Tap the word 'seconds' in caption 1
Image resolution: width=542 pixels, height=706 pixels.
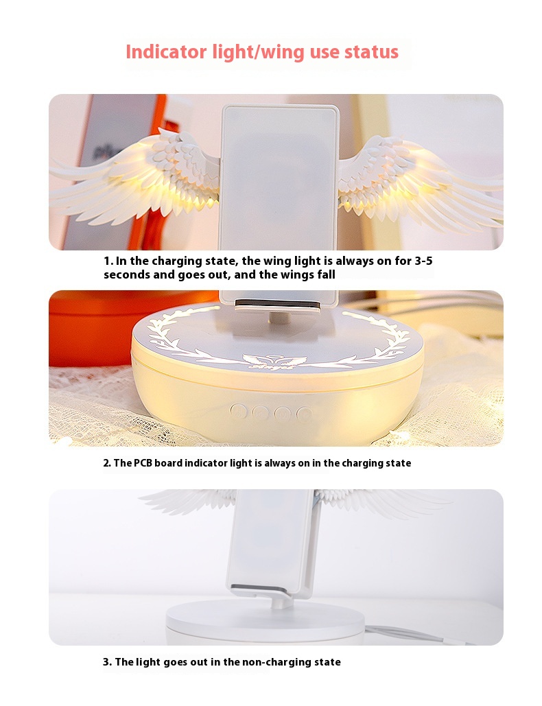point(126,274)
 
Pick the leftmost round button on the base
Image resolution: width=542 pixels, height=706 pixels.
point(238,412)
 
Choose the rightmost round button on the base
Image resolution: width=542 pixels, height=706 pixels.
point(304,413)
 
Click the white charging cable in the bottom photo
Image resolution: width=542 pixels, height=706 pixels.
point(425,635)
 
